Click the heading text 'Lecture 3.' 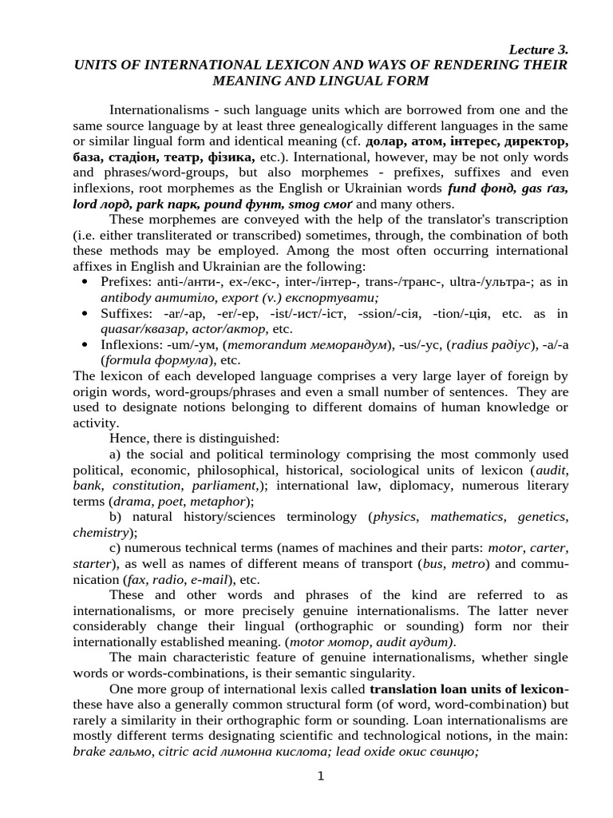click(x=539, y=50)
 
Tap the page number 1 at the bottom click(x=320, y=777)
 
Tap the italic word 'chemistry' click(x=100, y=532)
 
